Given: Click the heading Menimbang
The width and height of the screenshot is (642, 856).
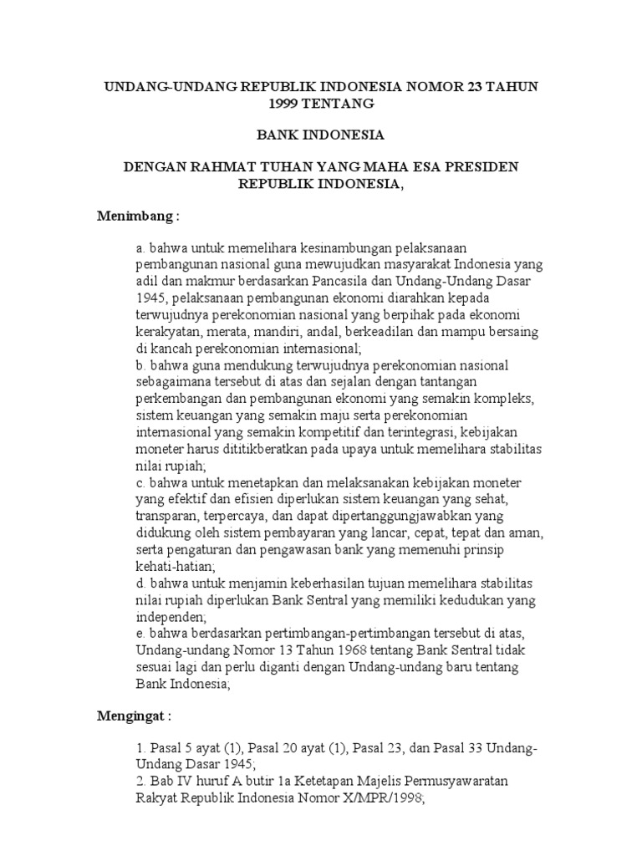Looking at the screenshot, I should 139,217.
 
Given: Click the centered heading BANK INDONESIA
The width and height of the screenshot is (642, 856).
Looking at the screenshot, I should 320,134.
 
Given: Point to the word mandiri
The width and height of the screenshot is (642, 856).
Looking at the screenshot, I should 262,332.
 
